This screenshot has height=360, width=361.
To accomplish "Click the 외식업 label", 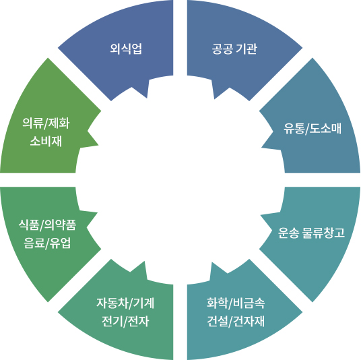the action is [x=126, y=49].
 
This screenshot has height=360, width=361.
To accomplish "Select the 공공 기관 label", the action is [x=234, y=49].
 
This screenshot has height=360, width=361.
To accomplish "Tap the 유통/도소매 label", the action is [x=313, y=128].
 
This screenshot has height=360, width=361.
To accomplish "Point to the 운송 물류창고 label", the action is [x=311, y=233].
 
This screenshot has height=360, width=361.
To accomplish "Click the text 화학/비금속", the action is [x=236, y=303].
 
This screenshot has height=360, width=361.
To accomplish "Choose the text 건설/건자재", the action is [x=236, y=321].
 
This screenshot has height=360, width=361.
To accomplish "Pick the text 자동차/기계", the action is [x=125, y=303].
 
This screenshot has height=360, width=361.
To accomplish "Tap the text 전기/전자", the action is [x=125, y=321].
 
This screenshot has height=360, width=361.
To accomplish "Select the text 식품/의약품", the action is [x=47, y=224].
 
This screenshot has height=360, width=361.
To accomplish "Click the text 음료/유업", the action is [x=47, y=243].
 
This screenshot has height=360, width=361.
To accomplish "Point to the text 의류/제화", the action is [x=46, y=123].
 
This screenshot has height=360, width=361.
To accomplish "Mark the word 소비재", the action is [x=46, y=141].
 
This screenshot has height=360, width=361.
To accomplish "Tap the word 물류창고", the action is [x=323, y=233].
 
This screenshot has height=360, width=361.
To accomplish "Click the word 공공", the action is [x=222, y=49].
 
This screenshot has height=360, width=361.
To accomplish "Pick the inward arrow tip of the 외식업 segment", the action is [x=147, y=98].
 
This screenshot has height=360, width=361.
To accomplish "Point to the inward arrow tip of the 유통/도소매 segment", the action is [x=261, y=147].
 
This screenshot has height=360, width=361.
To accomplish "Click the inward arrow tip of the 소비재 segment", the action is [x=98, y=145].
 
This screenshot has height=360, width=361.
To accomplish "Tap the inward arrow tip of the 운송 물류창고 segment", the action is [x=261, y=216].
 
